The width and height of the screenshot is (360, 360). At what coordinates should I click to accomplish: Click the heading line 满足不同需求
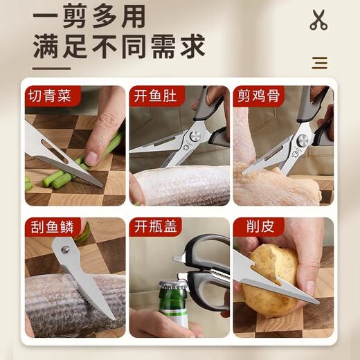coord(119,46)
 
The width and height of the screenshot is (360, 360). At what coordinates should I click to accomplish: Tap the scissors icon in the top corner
coord(318,19)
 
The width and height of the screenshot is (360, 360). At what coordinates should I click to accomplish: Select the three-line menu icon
coord(319,63)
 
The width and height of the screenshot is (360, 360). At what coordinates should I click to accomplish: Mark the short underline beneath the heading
coord(52,68)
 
